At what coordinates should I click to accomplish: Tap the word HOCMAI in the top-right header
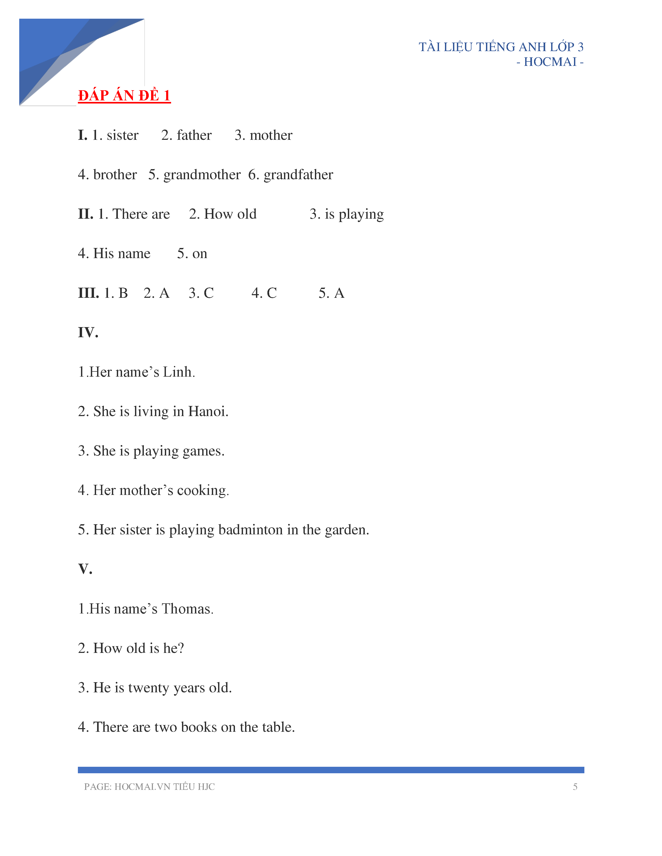click(x=550, y=62)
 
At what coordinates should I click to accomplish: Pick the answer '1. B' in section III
click(x=116, y=293)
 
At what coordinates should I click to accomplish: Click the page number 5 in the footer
click(x=575, y=787)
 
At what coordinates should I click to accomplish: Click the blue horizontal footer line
click(x=330, y=770)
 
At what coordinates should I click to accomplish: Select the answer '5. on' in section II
click(x=192, y=254)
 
